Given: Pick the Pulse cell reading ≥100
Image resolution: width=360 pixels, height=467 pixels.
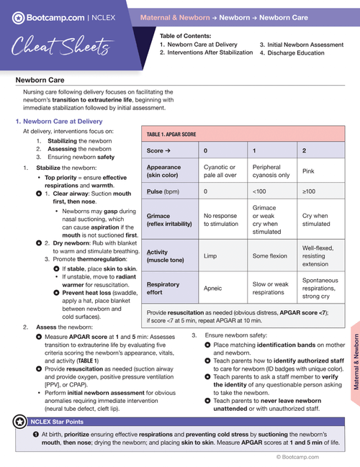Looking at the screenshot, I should [x=309, y=192].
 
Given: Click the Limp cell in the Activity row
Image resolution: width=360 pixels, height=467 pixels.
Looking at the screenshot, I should [x=210, y=255].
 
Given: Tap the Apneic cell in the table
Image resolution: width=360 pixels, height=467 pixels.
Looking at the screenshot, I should [x=214, y=289].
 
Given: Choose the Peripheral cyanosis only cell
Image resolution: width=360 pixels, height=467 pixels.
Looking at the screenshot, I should [x=271, y=171].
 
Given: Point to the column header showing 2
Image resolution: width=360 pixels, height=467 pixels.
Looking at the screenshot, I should [x=304, y=151].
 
